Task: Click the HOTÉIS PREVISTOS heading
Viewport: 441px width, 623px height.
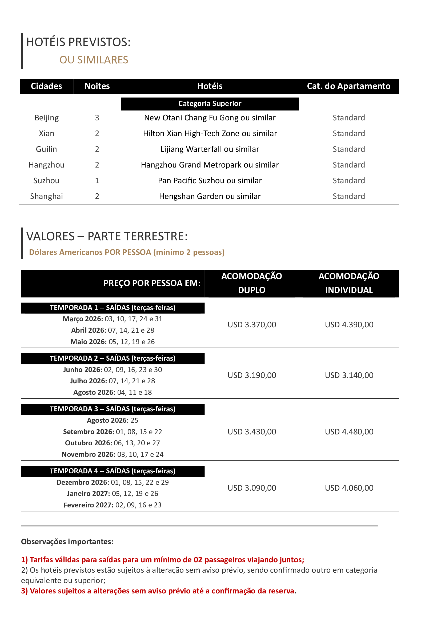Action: pyautogui.click(x=78, y=42)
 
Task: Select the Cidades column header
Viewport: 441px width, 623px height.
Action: pyautogui.click(x=46, y=86)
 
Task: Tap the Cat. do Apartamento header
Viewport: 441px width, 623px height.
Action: pyautogui.click(x=348, y=86)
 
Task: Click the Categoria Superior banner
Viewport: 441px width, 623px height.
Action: pyautogui.click(x=210, y=104)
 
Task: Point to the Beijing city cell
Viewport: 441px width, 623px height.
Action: pyautogui.click(x=46, y=118)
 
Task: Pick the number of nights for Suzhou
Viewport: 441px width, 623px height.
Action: pyautogui.click(x=97, y=181)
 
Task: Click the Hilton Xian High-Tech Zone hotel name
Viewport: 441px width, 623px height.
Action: pyautogui.click(x=210, y=133)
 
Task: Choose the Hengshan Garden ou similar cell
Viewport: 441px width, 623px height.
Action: pyautogui.click(x=210, y=197)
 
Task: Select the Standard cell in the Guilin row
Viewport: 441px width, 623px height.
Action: pyautogui.click(x=349, y=149)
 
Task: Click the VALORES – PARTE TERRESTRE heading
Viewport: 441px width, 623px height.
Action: pyautogui.click(x=107, y=236)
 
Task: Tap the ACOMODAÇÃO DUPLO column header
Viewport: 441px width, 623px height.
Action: pyautogui.click(x=251, y=283)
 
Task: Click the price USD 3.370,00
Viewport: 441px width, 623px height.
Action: pyautogui.click(x=252, y=325)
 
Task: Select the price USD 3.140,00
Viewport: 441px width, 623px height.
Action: pyautogui.click(x=349, y=375)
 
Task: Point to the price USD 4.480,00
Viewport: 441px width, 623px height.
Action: pyautogui.click(x=349, y=432)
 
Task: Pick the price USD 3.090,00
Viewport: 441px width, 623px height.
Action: pyautogui.click(x=252, y=488)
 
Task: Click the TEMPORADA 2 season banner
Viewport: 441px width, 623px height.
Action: pyautogui.click(x=113, y=359)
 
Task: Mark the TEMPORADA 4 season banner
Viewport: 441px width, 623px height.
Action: pyautogui.click(x=113, y=471)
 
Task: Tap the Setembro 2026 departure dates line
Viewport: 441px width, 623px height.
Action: pyautogui.click(x=113, y=432)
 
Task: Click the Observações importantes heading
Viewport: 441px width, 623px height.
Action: pyautogui.click(x=67, y=541)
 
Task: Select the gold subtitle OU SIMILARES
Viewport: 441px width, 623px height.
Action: pyautogui.click(x=94, y=60)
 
